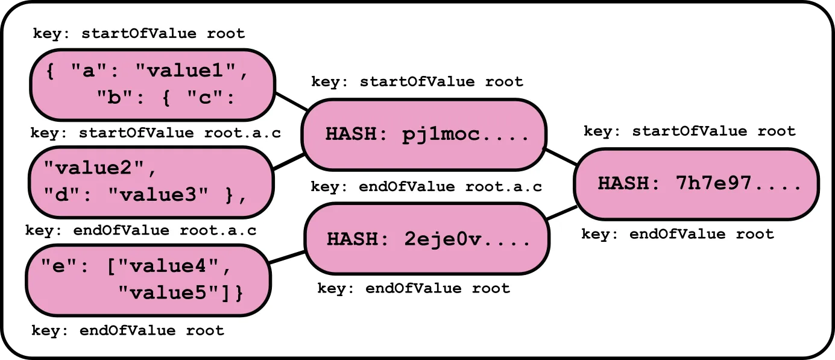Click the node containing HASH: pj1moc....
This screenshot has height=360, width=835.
(424, 134)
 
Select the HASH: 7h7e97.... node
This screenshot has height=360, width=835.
(696, 184)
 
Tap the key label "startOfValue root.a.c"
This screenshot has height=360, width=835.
(156, 133)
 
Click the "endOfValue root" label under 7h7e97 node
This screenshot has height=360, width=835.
(677, 234)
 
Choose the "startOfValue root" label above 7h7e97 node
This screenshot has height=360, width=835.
(690, 131)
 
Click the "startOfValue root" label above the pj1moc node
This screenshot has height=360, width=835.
(417, 81)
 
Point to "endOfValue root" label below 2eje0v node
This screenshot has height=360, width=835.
(414, 288)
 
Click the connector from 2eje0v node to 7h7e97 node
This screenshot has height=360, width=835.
(562, 213)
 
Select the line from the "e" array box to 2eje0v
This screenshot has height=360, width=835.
(288, 257)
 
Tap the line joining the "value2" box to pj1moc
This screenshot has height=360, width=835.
(288, 162)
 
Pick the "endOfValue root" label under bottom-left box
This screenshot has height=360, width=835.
(127, 330)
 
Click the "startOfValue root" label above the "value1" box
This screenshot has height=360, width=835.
(139, 33)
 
